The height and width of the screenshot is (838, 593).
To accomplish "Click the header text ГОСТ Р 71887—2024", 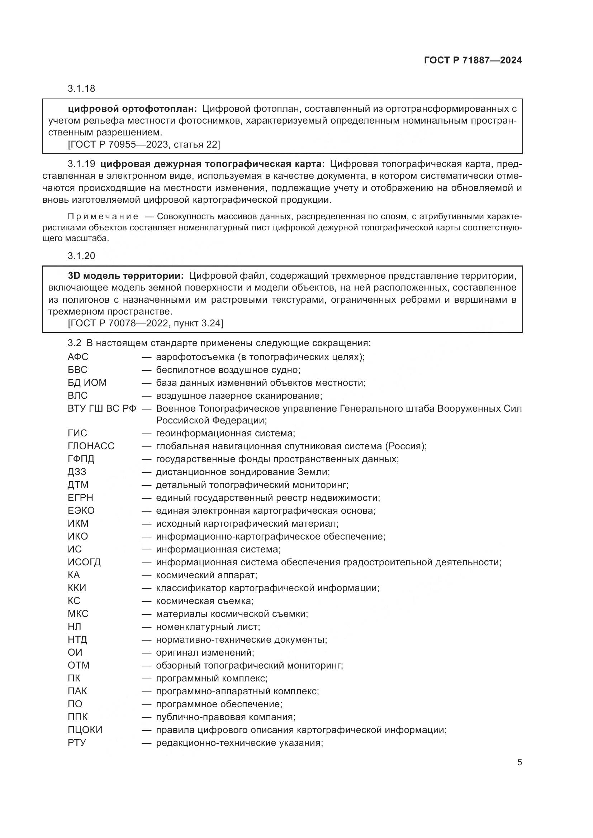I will point(473,60).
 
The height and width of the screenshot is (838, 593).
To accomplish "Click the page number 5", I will point(519,762).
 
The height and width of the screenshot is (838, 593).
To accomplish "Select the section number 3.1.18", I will point(81,88).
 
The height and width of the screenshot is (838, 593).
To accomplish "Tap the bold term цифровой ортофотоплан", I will point(133,109).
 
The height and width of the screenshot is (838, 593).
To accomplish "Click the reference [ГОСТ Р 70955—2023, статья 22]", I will point(144,144).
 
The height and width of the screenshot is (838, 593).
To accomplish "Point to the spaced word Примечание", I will point(103,217).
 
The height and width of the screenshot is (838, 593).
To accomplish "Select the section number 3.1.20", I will point(81,256).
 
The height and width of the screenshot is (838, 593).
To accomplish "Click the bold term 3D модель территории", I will point(125,276).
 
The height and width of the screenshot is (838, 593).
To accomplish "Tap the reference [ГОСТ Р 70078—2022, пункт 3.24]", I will point(145,323).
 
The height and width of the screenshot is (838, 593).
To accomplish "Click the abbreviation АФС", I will point(78,357).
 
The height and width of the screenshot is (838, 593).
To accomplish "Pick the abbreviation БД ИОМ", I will point(87,383).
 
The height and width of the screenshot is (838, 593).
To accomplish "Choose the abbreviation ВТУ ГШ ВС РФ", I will point(102,408).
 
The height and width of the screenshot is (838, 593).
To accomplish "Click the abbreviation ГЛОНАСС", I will point(91,446).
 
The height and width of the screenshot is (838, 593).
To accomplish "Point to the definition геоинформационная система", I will point(225,433).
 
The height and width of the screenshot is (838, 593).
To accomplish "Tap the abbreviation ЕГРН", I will point(80,498).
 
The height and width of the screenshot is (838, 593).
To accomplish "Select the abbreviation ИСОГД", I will point(84,562).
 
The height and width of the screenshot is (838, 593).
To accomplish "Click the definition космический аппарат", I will point(206,575).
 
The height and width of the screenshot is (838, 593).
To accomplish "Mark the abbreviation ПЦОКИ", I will point(85,729).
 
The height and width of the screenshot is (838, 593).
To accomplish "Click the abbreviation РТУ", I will point(77,742).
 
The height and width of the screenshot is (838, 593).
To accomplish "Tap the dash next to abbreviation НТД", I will point(146,640).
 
